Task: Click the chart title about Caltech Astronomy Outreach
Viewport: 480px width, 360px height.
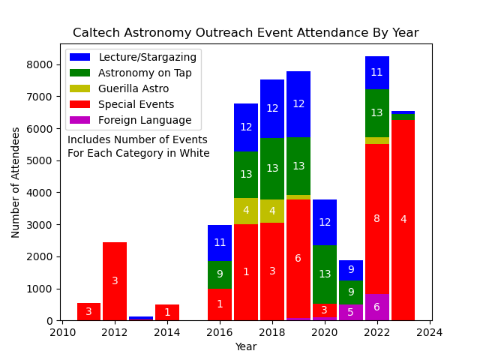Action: pyautogui.click(x=245, y=33)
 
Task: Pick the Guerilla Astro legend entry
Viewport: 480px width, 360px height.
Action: pyautogui.click(x=134, y=88)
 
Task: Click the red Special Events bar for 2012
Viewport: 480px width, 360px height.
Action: pyautogui.click(x=115, y=281)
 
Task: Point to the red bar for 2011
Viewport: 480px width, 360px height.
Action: pyautogui.click(x=88, y=311)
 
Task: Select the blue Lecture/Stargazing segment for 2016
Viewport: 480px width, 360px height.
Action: pyautogui.click(x=220, y=242)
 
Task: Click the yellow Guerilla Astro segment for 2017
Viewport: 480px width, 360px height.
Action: pyautogui.click(x=246, y=211)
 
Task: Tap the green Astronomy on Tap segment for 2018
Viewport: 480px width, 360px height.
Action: pyautogui.click(x=272, y=169)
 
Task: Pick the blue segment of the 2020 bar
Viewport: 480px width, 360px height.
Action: pyautogui.click(x=325, y=222)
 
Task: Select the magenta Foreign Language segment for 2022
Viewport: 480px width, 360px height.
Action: pyautogui.click(x=376, y=307)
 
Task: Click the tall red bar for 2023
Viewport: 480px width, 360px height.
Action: pyautogui.click(x=403, y=220)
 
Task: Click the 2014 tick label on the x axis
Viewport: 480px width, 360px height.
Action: pyautogui.click(x=167, y=332)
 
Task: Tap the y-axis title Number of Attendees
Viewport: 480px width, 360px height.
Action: pyautogui.click(x=16, y=182)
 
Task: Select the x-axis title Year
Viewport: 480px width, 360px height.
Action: pyautogui.click(x=245, y=346)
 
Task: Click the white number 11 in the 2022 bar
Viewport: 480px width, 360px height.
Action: pyautogui.click(x=376, y=73)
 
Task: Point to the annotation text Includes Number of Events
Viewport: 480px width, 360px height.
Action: pyautogui.click(x=137, y=139)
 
